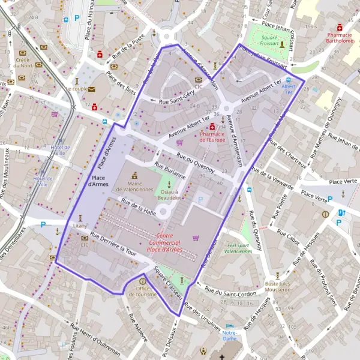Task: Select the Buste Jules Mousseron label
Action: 278,287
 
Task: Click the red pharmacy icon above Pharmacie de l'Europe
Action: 212,127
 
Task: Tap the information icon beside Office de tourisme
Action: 142,280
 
